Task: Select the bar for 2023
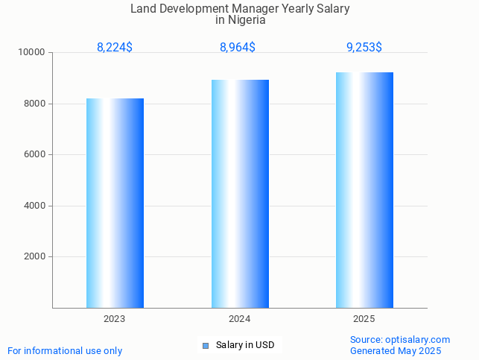pyautogui.click(x=115, y=203)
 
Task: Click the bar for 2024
pyautogui.click(x=240, y=194)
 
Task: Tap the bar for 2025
pyautogui.click(x=364, y=190)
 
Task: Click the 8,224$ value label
pyautogui.click(x=115, y=48)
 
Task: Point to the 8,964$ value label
pyautogui.click(x=238, y=48)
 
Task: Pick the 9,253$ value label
pyautogui.click(x=364, y=48)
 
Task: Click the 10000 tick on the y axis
pyautogui.click(x=32, y=53)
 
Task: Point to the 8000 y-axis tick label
pyautogui.click(x=35, y=104)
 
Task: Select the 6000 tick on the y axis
pyautogui.click(x=35, y=155)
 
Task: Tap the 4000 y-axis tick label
pyautogui.click(x=35, y=206)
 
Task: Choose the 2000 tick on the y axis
pyautogui.click(x=35, y=257)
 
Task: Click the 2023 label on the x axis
pyautogui.click(x=115, y=319)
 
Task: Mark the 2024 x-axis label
pyautogui.click(x=240, y=319)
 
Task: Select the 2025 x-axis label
pyautogui.click(x=364, y=319)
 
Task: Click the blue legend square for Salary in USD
pyautogui.click(x=206, y=345)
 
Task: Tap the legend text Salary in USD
pyautogui.click(x=245, y=345)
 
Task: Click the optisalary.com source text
pyautogui.click(x=418, y=340)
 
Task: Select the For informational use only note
pyautogui.click(x=65, y=351)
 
